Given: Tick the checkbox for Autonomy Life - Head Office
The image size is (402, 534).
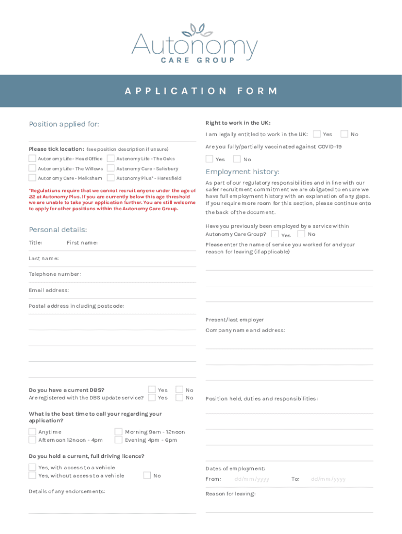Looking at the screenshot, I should (x=32, y=159).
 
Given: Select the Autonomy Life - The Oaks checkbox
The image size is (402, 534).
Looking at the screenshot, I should (x=111, y=159).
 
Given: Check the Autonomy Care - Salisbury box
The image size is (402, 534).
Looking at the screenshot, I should (x=111, y=168).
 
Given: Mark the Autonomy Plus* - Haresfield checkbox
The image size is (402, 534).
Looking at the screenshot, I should (x=111, y=178).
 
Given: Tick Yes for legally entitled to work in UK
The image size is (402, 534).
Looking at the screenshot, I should (x=317, y=134).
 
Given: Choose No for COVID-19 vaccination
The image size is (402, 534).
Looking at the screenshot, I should (x=237, y=159).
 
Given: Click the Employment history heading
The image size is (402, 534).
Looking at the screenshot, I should (x=242, y=172).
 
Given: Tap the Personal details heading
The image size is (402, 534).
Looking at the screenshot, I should (x=58, y=229).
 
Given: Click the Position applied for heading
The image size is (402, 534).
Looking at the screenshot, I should (x=64, y=124).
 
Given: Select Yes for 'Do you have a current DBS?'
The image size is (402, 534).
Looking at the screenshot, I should (x=152, y=390).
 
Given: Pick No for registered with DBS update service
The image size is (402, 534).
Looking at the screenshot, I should (x=180, y=397).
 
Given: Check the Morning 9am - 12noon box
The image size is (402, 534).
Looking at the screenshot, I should (x=119, y=432).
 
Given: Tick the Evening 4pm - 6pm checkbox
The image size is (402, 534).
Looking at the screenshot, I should (x=119, y=440).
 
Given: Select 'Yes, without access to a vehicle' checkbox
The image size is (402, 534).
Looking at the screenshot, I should (x=32, y=475).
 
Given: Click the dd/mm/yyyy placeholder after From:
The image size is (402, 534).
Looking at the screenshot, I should (x=252, y=479).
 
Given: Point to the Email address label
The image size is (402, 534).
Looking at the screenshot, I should (x=49, y=290).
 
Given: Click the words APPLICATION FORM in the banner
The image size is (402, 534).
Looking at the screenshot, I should (x=201, y=91).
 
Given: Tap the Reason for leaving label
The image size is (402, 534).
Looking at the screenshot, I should (x=230, y=494).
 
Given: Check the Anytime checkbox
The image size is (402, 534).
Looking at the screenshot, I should (x=32, y=432).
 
